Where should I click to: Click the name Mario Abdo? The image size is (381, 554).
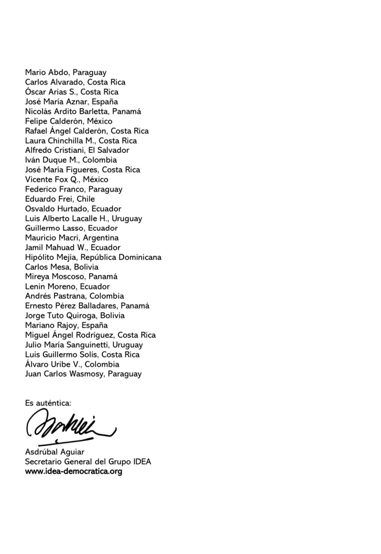pyautogui.click(x=47, y=73)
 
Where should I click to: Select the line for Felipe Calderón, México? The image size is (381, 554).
pyautogui.click(x=69, y=121)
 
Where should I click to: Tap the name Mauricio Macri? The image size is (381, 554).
pyautogui.click(x=52, y=238)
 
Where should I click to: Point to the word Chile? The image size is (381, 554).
pyautogui.click(x=86, y=199)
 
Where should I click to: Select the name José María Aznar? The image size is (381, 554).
pyautogui.click(x=56, y=102)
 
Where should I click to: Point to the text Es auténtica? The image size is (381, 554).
pyautogui.click(x=48, y=403)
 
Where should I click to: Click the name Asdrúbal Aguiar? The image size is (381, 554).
pyautogui.click(x=54, y=452)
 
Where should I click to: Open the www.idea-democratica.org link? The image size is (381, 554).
pyautogui.click(x=73, y=472)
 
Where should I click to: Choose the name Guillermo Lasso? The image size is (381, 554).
pyautogui.click(x=54, y=228)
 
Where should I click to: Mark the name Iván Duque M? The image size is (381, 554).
pyautogui.click(x=51, y=160)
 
